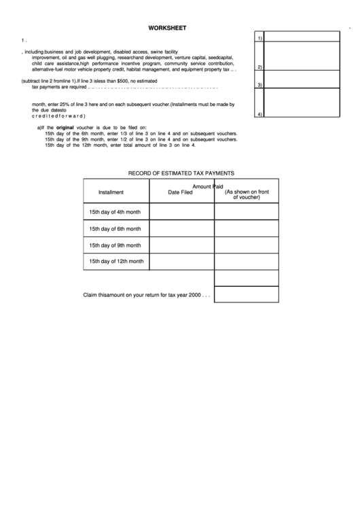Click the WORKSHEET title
(x=168, y=28)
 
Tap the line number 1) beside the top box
(x=259, y=38)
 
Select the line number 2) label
(x=259, y=67)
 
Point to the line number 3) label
(x=259, y=84)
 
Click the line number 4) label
(x=259, y=113)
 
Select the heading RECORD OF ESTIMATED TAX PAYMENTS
(x=181, y=173)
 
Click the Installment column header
(x=111, y=192)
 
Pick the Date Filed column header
(x=181, y=192)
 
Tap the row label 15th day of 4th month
(x=115, y=212)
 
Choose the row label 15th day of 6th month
(x=115, y=229)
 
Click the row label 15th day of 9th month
(x=115, y=245)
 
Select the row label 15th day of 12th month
(x=116, y=262)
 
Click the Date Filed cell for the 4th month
(x=181, y=212)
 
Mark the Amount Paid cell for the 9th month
(x=247, y=245)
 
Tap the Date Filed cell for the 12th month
(x=181, y=262)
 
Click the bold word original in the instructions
(x=65, y=128)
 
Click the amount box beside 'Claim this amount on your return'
(x=247, y=294)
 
